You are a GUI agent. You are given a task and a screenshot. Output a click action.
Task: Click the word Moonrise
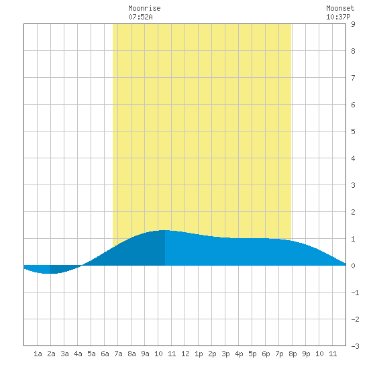point(144,8)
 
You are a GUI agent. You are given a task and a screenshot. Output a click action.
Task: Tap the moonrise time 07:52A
point(140,17)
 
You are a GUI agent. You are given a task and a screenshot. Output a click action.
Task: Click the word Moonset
point(340,8)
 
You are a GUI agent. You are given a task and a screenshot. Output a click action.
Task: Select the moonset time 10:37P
point(338,17)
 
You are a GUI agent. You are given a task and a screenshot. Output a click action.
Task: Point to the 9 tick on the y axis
point(353,24)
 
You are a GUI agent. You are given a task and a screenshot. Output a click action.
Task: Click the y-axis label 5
point(353,131)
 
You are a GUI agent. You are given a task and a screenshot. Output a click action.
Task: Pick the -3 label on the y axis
point(355,346)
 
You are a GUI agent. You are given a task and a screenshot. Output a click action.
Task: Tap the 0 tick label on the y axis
point(353,266)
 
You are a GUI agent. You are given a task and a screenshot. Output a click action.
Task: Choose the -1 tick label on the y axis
point(355,293)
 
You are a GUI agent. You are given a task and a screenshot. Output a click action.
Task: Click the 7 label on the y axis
point(353,78)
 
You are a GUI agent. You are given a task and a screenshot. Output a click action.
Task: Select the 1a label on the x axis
point(38,354)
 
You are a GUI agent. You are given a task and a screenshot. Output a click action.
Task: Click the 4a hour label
point(78,354)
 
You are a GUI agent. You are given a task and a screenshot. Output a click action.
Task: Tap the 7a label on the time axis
point(118,354)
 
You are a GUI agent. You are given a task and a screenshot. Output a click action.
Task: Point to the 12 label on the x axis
point(185,354)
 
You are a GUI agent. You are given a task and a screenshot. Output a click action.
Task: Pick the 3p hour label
point(225,354)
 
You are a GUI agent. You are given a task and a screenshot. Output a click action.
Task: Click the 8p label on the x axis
point(293,354)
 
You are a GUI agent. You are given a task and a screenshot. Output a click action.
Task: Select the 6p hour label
point(266,354)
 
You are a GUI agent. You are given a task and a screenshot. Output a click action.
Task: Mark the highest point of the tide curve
point(164,230)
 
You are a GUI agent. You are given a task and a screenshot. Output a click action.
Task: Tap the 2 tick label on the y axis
point(353,212)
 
